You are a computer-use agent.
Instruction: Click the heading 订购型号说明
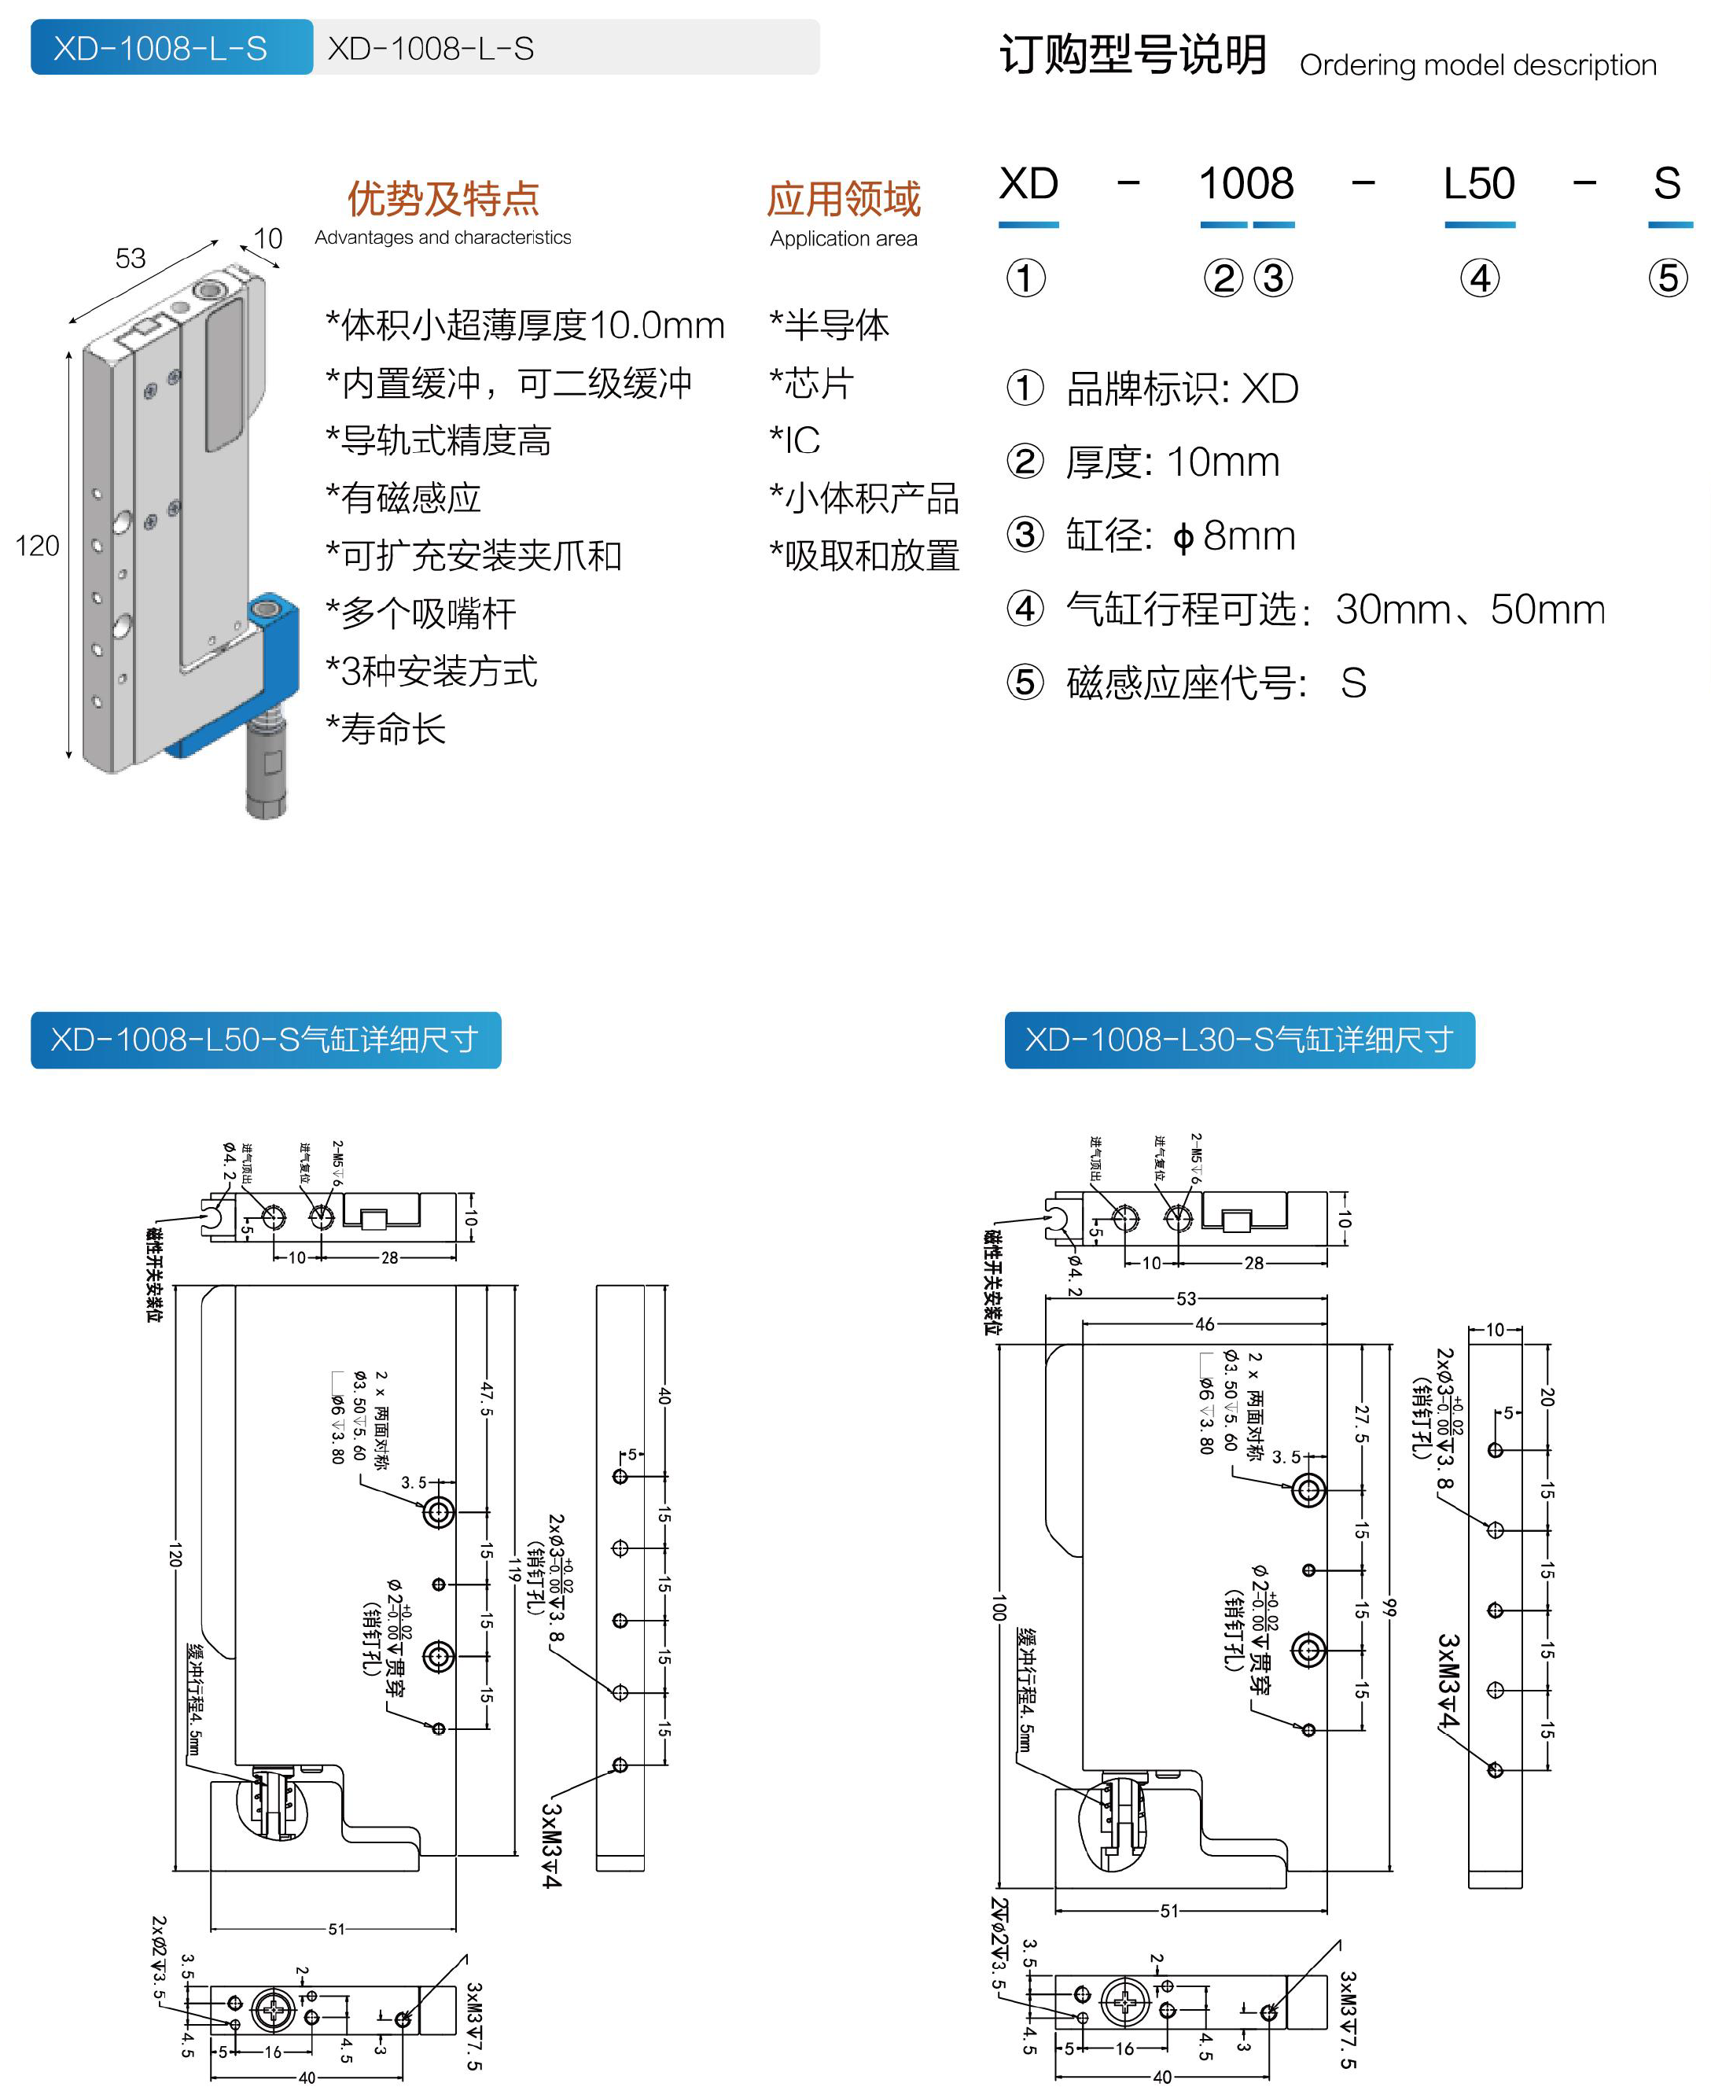click(x=1132, y=55)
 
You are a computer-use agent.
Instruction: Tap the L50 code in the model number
click(x=1478, y=184)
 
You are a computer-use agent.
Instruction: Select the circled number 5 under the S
click(x=1668, y=278)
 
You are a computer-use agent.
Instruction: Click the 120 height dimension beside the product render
click(x=38, y=546)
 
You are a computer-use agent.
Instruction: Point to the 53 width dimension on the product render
click(x=130, y=258)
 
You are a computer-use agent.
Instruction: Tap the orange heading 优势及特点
click(x=443, y=199)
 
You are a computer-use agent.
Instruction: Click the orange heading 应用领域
click(x=844, y=199)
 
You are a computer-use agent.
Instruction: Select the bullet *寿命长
click(x=386, y=729)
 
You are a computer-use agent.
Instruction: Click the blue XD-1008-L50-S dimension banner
click(x=265, y=1040)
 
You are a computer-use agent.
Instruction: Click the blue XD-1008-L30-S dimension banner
click(x=1239, y=1040)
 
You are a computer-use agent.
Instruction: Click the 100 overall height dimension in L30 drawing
click(x=999, y=1607)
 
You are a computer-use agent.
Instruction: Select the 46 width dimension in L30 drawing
click(x=1205, y=1324)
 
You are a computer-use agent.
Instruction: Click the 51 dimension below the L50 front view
click(x=336, y=1928)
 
